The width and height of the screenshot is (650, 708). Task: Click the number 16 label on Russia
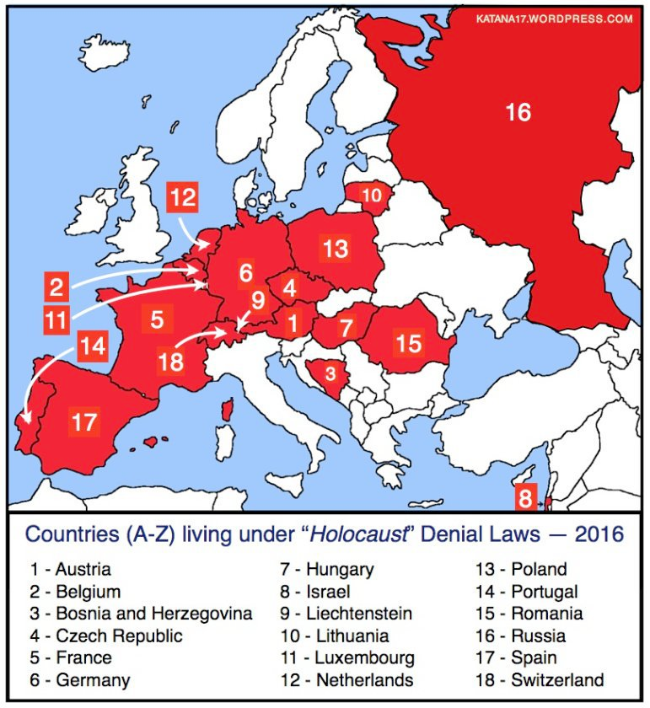(x=518, y=111)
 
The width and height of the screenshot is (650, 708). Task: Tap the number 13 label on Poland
(x=335, y=248)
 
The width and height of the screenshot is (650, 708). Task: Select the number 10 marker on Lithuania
(x=372, y=195)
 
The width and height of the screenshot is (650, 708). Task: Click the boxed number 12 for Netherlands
(x=183, y=199)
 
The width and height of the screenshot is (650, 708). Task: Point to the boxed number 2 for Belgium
(x=56, y=288)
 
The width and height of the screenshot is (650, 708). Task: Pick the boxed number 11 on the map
(x=56, y=319)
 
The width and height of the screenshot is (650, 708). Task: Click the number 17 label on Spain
(x=84, y=421)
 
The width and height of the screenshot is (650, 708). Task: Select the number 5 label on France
(x=157, y=320)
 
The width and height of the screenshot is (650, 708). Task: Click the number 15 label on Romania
(x=409, y=343)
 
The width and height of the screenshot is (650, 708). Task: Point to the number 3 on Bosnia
(x=330, y=373)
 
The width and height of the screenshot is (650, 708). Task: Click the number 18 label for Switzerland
(x=170, y=362)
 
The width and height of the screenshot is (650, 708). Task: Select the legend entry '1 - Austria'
(x=72, y=570)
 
